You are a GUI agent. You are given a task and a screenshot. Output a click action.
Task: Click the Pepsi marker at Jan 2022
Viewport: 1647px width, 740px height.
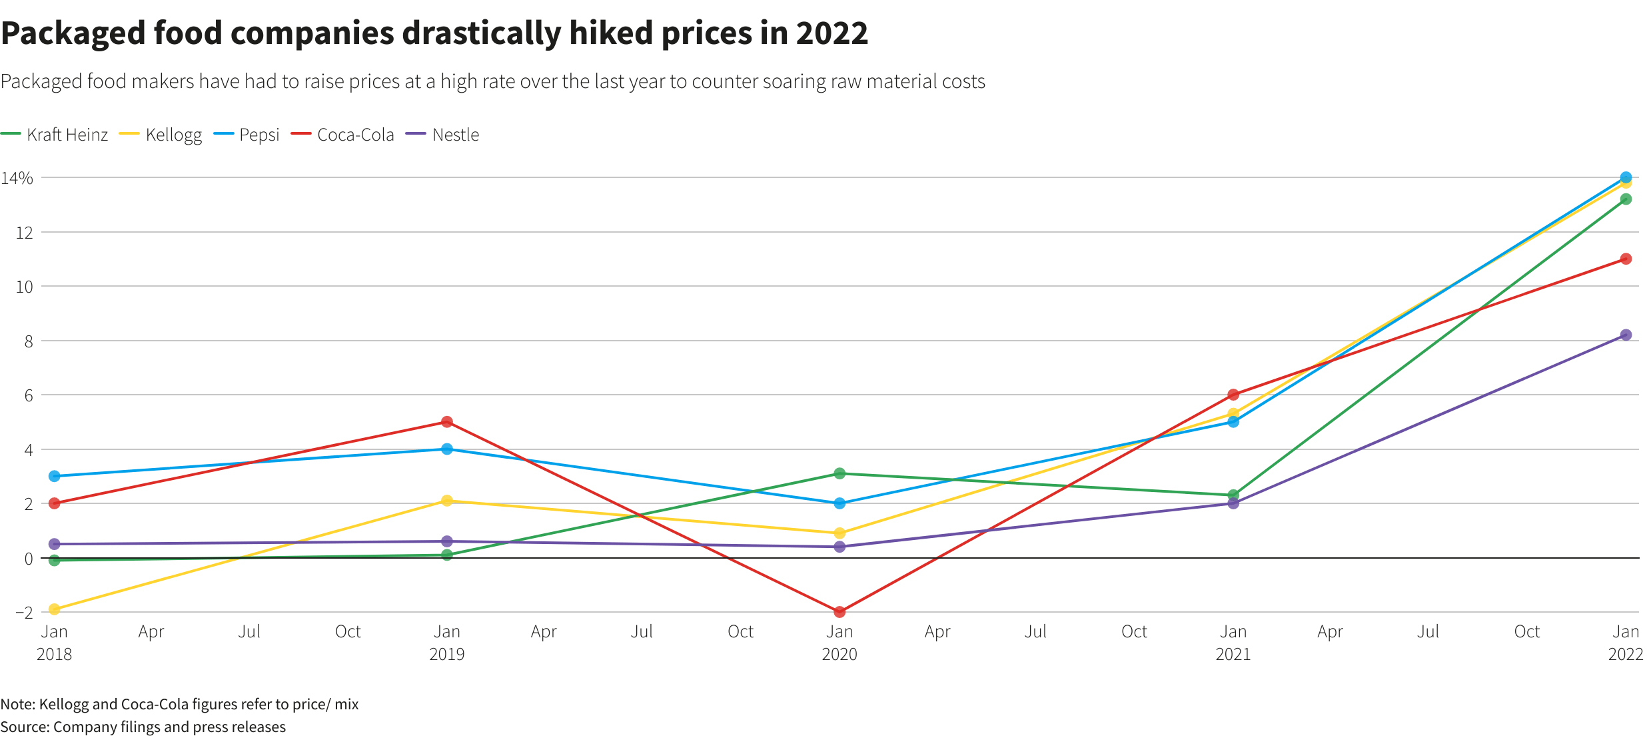coord(1626,177)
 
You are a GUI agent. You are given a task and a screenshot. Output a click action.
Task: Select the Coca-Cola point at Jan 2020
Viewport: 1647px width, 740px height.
coord(839,611)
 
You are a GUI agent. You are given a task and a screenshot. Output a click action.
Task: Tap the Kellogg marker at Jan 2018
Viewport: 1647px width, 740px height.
coord(55,609)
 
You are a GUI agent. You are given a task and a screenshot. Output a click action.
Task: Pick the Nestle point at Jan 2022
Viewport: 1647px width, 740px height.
coord(1626,335)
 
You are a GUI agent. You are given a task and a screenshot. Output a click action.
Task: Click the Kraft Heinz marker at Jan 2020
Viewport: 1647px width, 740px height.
coord(839,473)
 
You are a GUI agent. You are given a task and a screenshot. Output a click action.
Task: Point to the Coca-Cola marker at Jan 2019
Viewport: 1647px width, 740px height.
coord(447,422)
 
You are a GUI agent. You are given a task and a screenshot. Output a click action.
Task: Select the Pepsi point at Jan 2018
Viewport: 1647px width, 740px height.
coord(55,476)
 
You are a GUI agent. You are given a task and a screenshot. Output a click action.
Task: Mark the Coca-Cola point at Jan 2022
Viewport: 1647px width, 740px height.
coord(1626,259)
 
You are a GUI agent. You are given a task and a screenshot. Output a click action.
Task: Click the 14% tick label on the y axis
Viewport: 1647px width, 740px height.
coord(17,178)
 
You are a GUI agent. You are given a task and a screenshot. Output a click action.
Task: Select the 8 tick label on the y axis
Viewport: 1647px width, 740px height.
coord(28,341)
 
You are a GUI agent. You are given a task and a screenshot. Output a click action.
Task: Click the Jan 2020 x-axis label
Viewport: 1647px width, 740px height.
coord(839,642)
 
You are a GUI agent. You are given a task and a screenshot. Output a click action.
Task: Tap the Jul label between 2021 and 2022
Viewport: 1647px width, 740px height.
coord(1428,631)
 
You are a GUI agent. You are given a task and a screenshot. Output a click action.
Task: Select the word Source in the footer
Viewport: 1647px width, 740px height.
coord(24,727)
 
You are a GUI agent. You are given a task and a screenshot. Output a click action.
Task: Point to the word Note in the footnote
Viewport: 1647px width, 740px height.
coord(17,704)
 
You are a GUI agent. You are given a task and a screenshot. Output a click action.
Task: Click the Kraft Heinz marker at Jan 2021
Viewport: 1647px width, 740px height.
coord(1233,495)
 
